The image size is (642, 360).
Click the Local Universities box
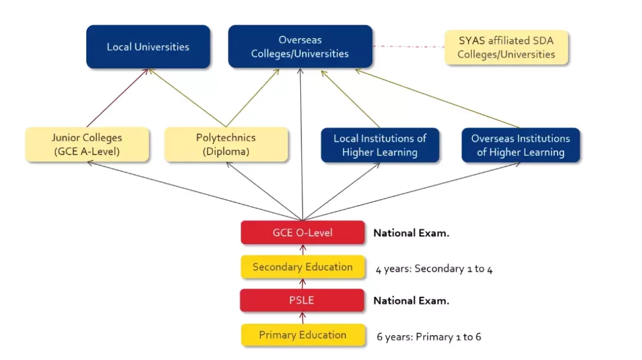[148, 47]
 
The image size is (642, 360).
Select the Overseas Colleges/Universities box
[300, 47]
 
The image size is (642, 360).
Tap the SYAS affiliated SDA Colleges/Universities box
[506, 48]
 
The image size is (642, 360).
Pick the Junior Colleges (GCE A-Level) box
[87, 144]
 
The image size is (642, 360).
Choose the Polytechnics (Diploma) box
[226, 144]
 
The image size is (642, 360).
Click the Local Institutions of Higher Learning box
[380, 145]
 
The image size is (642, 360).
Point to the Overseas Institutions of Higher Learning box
[521, 145]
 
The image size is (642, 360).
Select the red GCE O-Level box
[303, 233]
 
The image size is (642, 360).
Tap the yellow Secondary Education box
[303, 267]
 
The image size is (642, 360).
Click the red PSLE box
[302, 300]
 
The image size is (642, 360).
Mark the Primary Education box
[303, 335]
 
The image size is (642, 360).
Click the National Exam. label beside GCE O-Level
[411, 233]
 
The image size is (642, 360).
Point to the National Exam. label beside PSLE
[411, 301]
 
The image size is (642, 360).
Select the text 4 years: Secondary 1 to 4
[434, 269]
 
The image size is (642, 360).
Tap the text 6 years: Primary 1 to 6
[429, 337]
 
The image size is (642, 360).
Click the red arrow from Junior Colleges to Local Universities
[117, 98]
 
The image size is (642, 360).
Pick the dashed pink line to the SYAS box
[408, 46]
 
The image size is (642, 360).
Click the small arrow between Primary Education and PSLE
[303, 318]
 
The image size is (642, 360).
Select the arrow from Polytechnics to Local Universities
[187, 97]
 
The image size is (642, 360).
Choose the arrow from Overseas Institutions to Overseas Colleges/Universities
[438, 99]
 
